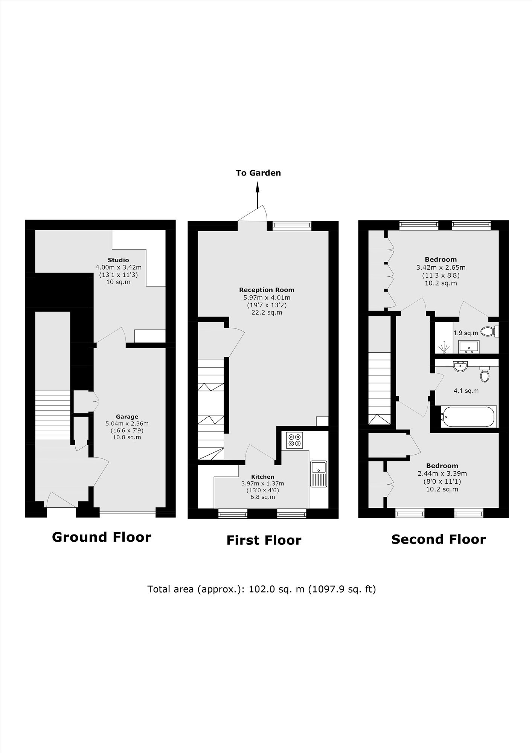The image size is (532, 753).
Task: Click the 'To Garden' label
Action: click(x=258, y=173)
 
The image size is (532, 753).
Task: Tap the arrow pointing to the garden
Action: click(x=258, y=195)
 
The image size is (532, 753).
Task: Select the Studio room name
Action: click(x=118, y=260)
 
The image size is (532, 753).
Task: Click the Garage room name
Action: click(x=127, y=417)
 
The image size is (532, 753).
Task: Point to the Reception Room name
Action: click(x=267, y=290)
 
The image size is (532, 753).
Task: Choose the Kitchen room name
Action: click(x=263, y=477)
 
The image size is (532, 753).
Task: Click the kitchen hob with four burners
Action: click(x=294, y=440)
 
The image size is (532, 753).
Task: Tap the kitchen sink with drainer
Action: click(x=319, y=474)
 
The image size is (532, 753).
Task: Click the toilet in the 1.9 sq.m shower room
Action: click(x=489, y=331)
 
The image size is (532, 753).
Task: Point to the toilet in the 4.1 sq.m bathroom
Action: click(x=485, y=374)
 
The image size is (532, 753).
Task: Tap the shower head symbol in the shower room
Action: click(x=445, y=347)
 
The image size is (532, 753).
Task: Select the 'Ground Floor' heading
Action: click(x=101, y=537)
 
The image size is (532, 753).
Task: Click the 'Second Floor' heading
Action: click(x=439, y=539)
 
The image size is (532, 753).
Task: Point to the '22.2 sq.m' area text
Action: click(x=267, y=312)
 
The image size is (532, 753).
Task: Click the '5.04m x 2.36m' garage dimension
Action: click(x=127, y=423)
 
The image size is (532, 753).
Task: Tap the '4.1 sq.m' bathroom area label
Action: click(x=466, y=391)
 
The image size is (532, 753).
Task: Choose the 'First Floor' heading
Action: click(x=264, y=540)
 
